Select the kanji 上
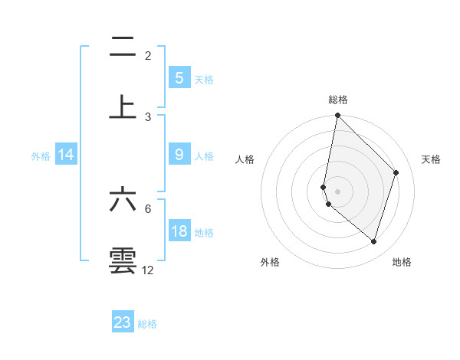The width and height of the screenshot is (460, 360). tap(123, 106)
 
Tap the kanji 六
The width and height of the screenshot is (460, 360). tap(123, 199)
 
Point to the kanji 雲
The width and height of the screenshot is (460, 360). tap(123, 260)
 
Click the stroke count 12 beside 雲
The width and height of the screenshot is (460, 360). tap(148, 270)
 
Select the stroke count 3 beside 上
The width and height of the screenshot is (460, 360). tap(148, 116)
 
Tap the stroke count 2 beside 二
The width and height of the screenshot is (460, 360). tap(148, 56)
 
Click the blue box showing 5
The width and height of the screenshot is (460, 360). tap(179, 77)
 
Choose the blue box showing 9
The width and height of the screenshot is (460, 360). tap(179, 155)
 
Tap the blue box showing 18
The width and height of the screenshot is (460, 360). tap(179, 231)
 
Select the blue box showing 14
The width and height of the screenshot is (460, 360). tap(66, 155)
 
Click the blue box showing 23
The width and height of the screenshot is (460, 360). tap(123, 322)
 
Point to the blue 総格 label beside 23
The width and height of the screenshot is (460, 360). tap(147, 324)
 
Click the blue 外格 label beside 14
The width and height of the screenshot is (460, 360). tap(41, 156)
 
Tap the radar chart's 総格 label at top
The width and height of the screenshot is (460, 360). tap(337, 100)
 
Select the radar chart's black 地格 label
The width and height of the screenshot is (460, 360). tap(402, 262)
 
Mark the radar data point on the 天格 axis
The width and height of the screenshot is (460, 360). tap(396, 172)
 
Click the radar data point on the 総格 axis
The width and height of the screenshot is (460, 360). tap(337, 116)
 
